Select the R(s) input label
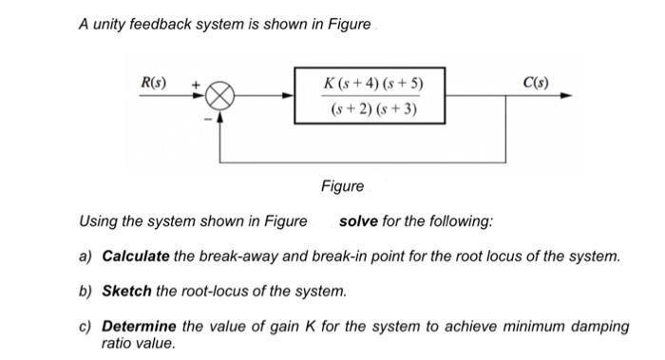click(154, 83)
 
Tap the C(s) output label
click(535, 81)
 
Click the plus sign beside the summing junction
click(198, 85)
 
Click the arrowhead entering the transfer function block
click(289, 96)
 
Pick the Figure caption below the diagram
click(342, 187)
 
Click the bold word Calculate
click(136, 256)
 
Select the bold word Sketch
click(127, 290)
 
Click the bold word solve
click(358, 221)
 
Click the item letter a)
click(85, 256)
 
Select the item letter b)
click(85, 290)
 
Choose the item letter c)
click(85, 326)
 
